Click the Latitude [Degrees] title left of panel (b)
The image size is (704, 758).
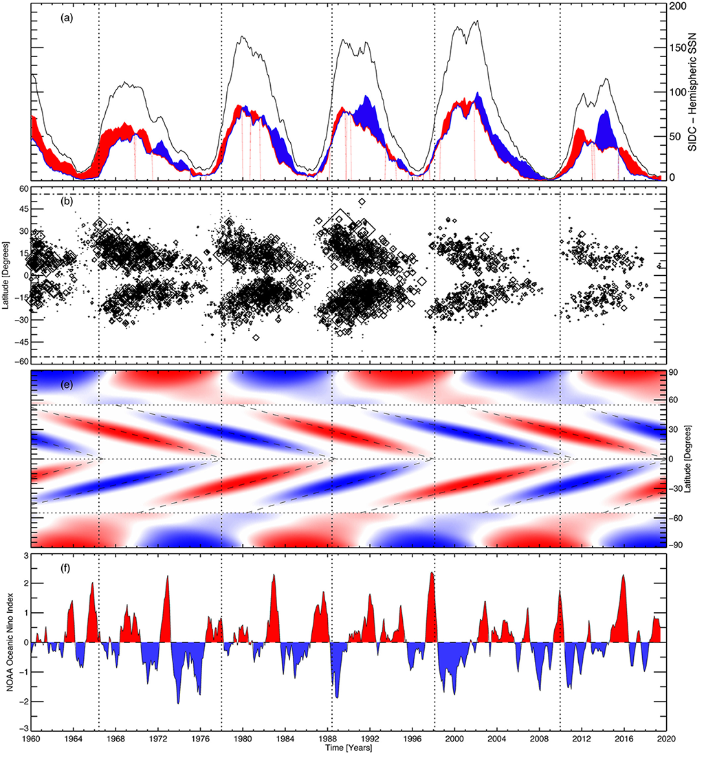8,275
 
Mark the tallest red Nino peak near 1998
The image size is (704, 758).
431,573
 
